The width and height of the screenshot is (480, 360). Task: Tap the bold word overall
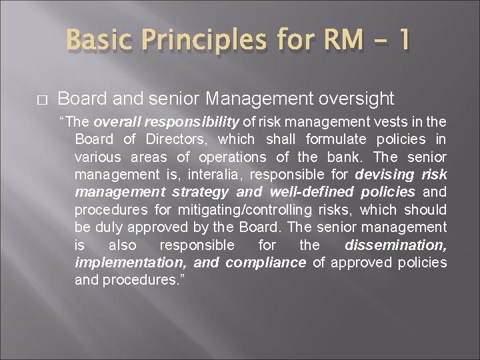pyautogui.click(x=116, y=122)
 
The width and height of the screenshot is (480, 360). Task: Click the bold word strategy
pyautogui.click(x=198, y=192)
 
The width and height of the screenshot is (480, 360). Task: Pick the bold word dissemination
pyautogui.click(x=396, y=245)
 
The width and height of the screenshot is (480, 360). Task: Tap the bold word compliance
pyautogui.click(x=265, y=262)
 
